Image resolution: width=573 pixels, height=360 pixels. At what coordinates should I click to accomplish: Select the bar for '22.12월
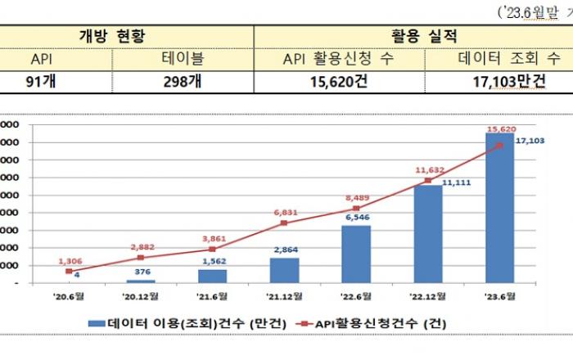pyautogui.click(x=427, y=234)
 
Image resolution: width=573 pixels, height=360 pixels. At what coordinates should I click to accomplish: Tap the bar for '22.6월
pyautogui.click(x=355, y=254)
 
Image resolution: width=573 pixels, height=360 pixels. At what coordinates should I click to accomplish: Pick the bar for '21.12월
pyautogui.click(x=284, y=270)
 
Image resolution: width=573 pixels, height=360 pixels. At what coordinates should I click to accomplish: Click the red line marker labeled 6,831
pyautogui.click(x=284, y=223)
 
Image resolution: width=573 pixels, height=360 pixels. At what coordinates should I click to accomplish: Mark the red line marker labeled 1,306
pyautogui.click(x=69, y=271)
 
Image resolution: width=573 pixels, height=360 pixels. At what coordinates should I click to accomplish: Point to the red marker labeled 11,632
pyautogui.click(x=427, y=180)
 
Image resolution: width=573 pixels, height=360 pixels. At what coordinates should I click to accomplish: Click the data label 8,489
pyautogui.click(x=355, y=196)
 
